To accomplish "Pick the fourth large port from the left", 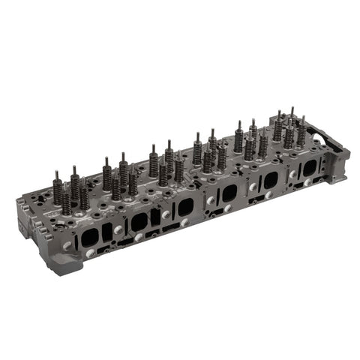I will tap(229, 193).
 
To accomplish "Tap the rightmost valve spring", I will tap(301, 135).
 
